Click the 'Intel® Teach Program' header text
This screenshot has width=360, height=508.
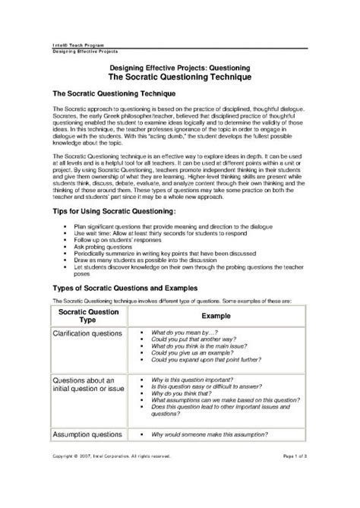click(x=74, y=47)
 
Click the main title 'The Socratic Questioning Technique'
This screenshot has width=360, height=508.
click(x=179, y=77)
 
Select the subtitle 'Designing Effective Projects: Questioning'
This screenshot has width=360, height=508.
click(x=179, y=68)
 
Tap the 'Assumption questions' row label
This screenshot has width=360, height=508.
click(x=87, y=434)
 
